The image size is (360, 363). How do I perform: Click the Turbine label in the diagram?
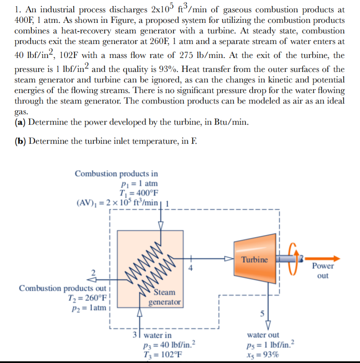pyautogui.click(x=255, y=259)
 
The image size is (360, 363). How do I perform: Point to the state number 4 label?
pyautogui.click(x=191, y=267)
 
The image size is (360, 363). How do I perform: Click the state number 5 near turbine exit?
pyautogui.click(x=261, y=314)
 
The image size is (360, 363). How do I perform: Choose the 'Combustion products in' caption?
pyautogui.click(x=116, y=173)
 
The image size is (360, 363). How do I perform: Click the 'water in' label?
pyautogui.click(x=157, y=336)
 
